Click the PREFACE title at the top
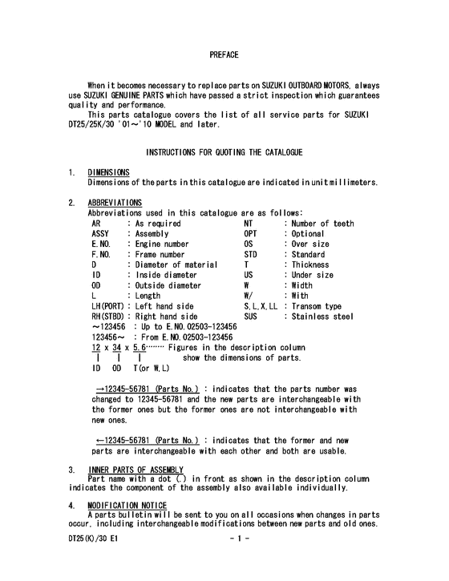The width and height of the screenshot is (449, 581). (224, 55)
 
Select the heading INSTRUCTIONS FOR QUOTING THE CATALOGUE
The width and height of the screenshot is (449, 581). (224, 152)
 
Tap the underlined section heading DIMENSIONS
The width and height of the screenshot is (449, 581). (108, 172)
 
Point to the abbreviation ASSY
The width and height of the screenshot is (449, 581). (101, 233)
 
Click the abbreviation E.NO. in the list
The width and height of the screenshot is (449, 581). (101, 244)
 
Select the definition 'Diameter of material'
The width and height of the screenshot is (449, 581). (176, 264)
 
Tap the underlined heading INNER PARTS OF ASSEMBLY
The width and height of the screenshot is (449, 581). (136, 469)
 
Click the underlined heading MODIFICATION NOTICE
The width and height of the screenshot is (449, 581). (127, 504)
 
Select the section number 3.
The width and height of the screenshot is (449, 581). (71, 469)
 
